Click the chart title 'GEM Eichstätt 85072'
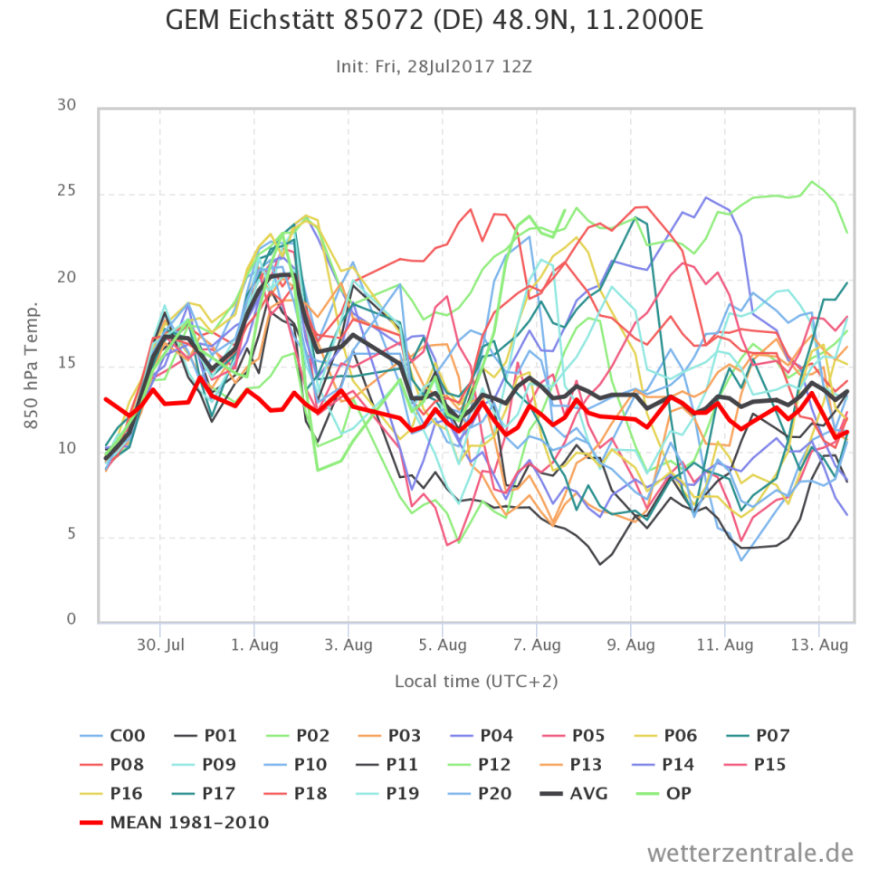434,21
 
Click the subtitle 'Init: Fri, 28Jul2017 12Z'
434,66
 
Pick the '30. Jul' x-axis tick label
161,645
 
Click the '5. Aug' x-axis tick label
443,645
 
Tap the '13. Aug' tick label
819,645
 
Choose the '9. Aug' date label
631,645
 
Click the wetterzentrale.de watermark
750,852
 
